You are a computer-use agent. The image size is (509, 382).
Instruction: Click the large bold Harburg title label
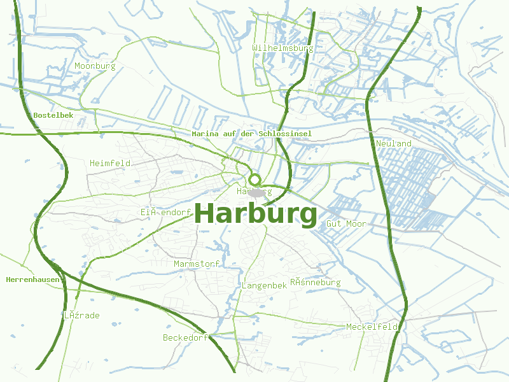256,214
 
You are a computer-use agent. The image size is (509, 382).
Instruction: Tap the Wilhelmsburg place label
282,48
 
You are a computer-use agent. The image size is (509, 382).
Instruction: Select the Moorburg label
95,66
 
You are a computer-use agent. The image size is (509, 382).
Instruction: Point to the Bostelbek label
53,115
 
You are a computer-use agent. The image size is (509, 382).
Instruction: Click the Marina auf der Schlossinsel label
251,134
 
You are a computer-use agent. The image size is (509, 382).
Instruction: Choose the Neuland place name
393,143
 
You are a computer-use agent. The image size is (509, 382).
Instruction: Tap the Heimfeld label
110,163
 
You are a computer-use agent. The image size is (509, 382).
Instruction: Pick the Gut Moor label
345,223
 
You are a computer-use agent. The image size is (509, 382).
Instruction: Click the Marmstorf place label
197,264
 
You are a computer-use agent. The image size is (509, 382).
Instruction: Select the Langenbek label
264,286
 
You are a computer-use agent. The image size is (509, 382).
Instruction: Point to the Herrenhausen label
32,279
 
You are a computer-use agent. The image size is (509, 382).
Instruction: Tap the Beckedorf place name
185,337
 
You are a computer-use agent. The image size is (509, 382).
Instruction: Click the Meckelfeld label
372,327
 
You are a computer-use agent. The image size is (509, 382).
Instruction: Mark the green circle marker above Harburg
255,180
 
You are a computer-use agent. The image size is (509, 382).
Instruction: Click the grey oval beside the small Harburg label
257,192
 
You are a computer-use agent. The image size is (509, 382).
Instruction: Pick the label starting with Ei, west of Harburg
165,212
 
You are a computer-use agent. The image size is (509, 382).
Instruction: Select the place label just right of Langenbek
316,282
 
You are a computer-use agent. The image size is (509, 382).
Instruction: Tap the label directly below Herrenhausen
81,315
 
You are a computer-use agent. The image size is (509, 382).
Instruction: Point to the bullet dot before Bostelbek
30,115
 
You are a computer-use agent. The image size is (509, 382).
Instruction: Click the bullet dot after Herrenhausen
62,279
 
